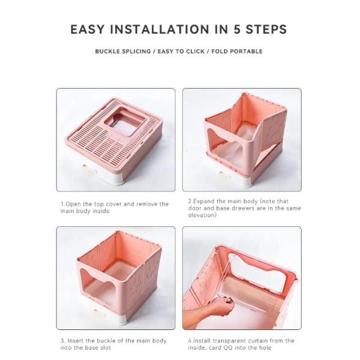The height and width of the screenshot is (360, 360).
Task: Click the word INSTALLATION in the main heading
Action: pyautogui.click(x=160, y=29)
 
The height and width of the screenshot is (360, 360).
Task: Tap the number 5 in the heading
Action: pyautogui.click(x=237, y=29)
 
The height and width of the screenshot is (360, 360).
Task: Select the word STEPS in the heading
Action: pyautogui.click(x=266, y=29)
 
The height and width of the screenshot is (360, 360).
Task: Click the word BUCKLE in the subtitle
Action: pyautogui.click(x=107, y=51)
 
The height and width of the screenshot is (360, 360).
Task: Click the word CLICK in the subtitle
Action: pyautogui.click(x=195, y=51)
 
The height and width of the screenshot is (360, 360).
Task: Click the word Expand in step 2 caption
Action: pyautogui.click(x=204, y=202)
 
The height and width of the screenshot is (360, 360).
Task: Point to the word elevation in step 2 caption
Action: pyautogui.click(x=202, y=215)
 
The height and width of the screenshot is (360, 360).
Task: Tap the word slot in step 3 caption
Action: pyautogui.click(x=106, y=347)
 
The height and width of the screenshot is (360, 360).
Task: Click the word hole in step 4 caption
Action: pyautogui.click(x=265, y=348)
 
